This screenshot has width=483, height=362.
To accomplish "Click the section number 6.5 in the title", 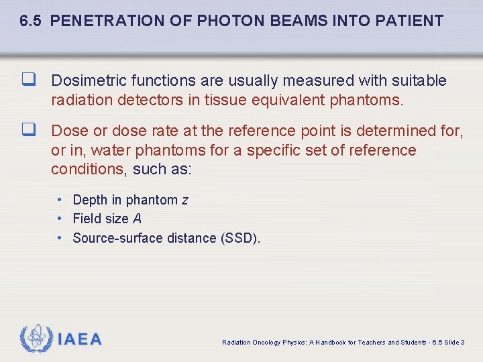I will (x=31, y=21).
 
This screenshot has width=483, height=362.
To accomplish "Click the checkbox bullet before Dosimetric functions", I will (x=28, y=80).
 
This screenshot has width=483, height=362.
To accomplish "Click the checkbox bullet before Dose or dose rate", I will (x=28, y=130).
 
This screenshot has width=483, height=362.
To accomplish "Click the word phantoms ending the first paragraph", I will (x=370, y=101).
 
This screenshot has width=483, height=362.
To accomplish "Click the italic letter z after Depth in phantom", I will (x=185, y=200).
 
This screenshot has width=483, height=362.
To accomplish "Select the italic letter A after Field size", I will (x=137, y=219).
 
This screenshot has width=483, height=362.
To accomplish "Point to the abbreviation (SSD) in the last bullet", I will (x=240, y=238).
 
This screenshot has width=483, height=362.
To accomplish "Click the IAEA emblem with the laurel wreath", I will (x=36, y=339).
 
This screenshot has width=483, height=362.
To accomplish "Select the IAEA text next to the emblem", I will (x=80, y=339).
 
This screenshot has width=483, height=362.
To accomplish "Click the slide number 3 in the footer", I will (x=463, y=343).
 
